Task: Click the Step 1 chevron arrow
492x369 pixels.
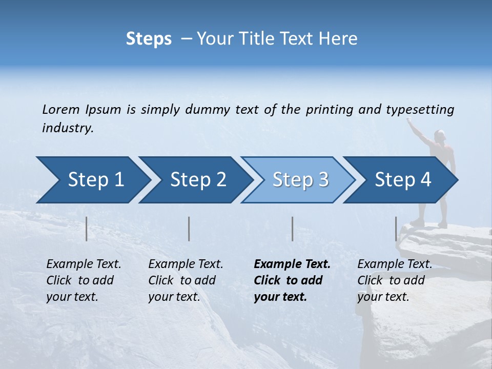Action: pyautogui.click(x=92, y=180)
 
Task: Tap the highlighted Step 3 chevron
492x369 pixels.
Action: pyautogui.click(x=298, y=180)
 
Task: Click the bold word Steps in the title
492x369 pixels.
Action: pyautogui.click(x=149, y=39)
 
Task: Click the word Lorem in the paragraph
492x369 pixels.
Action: pyautogui.click(x=60, y=109)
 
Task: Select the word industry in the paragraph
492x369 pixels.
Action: pyautogui.click(x=67, y=128)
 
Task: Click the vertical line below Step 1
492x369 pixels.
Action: pyautogui.click(x=87, y=229)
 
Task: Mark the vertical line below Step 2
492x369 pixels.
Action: pyautogui.click(x=189, y=229)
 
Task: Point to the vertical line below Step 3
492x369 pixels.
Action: pyautogui.click(x=292, y=229)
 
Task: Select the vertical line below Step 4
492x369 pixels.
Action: pyautogui.click(x=396, y=229)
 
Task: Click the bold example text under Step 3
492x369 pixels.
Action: pyautogui.click(x=291, y=280)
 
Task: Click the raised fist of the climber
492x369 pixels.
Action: pyautogui.click(x=409, y=120)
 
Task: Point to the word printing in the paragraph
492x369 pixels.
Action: pyautogui.click(x=330, y=110)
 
